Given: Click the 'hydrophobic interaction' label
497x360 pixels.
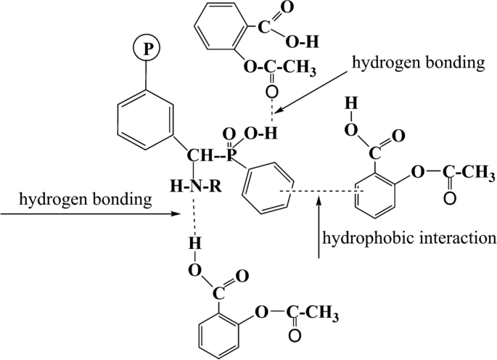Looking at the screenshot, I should (409, 237).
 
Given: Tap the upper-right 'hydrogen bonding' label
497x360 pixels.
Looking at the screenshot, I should (417, 64).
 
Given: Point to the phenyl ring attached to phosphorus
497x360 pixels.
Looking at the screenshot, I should (268, 189).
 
